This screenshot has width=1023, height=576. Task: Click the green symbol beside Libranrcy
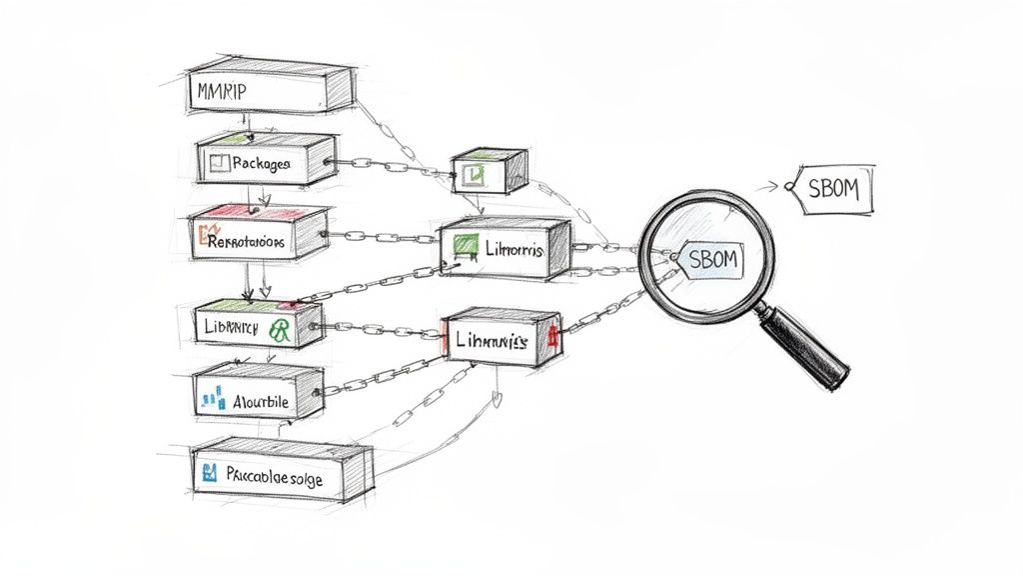click(x=279, y=330)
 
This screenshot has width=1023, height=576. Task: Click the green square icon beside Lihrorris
click(x=463, y=246)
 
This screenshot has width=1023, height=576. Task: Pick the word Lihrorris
click(x=511, y=249)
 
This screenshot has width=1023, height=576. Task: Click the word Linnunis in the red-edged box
click(x=490, y=341)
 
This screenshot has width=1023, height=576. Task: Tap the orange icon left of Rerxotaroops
click(x=205, y=237)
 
